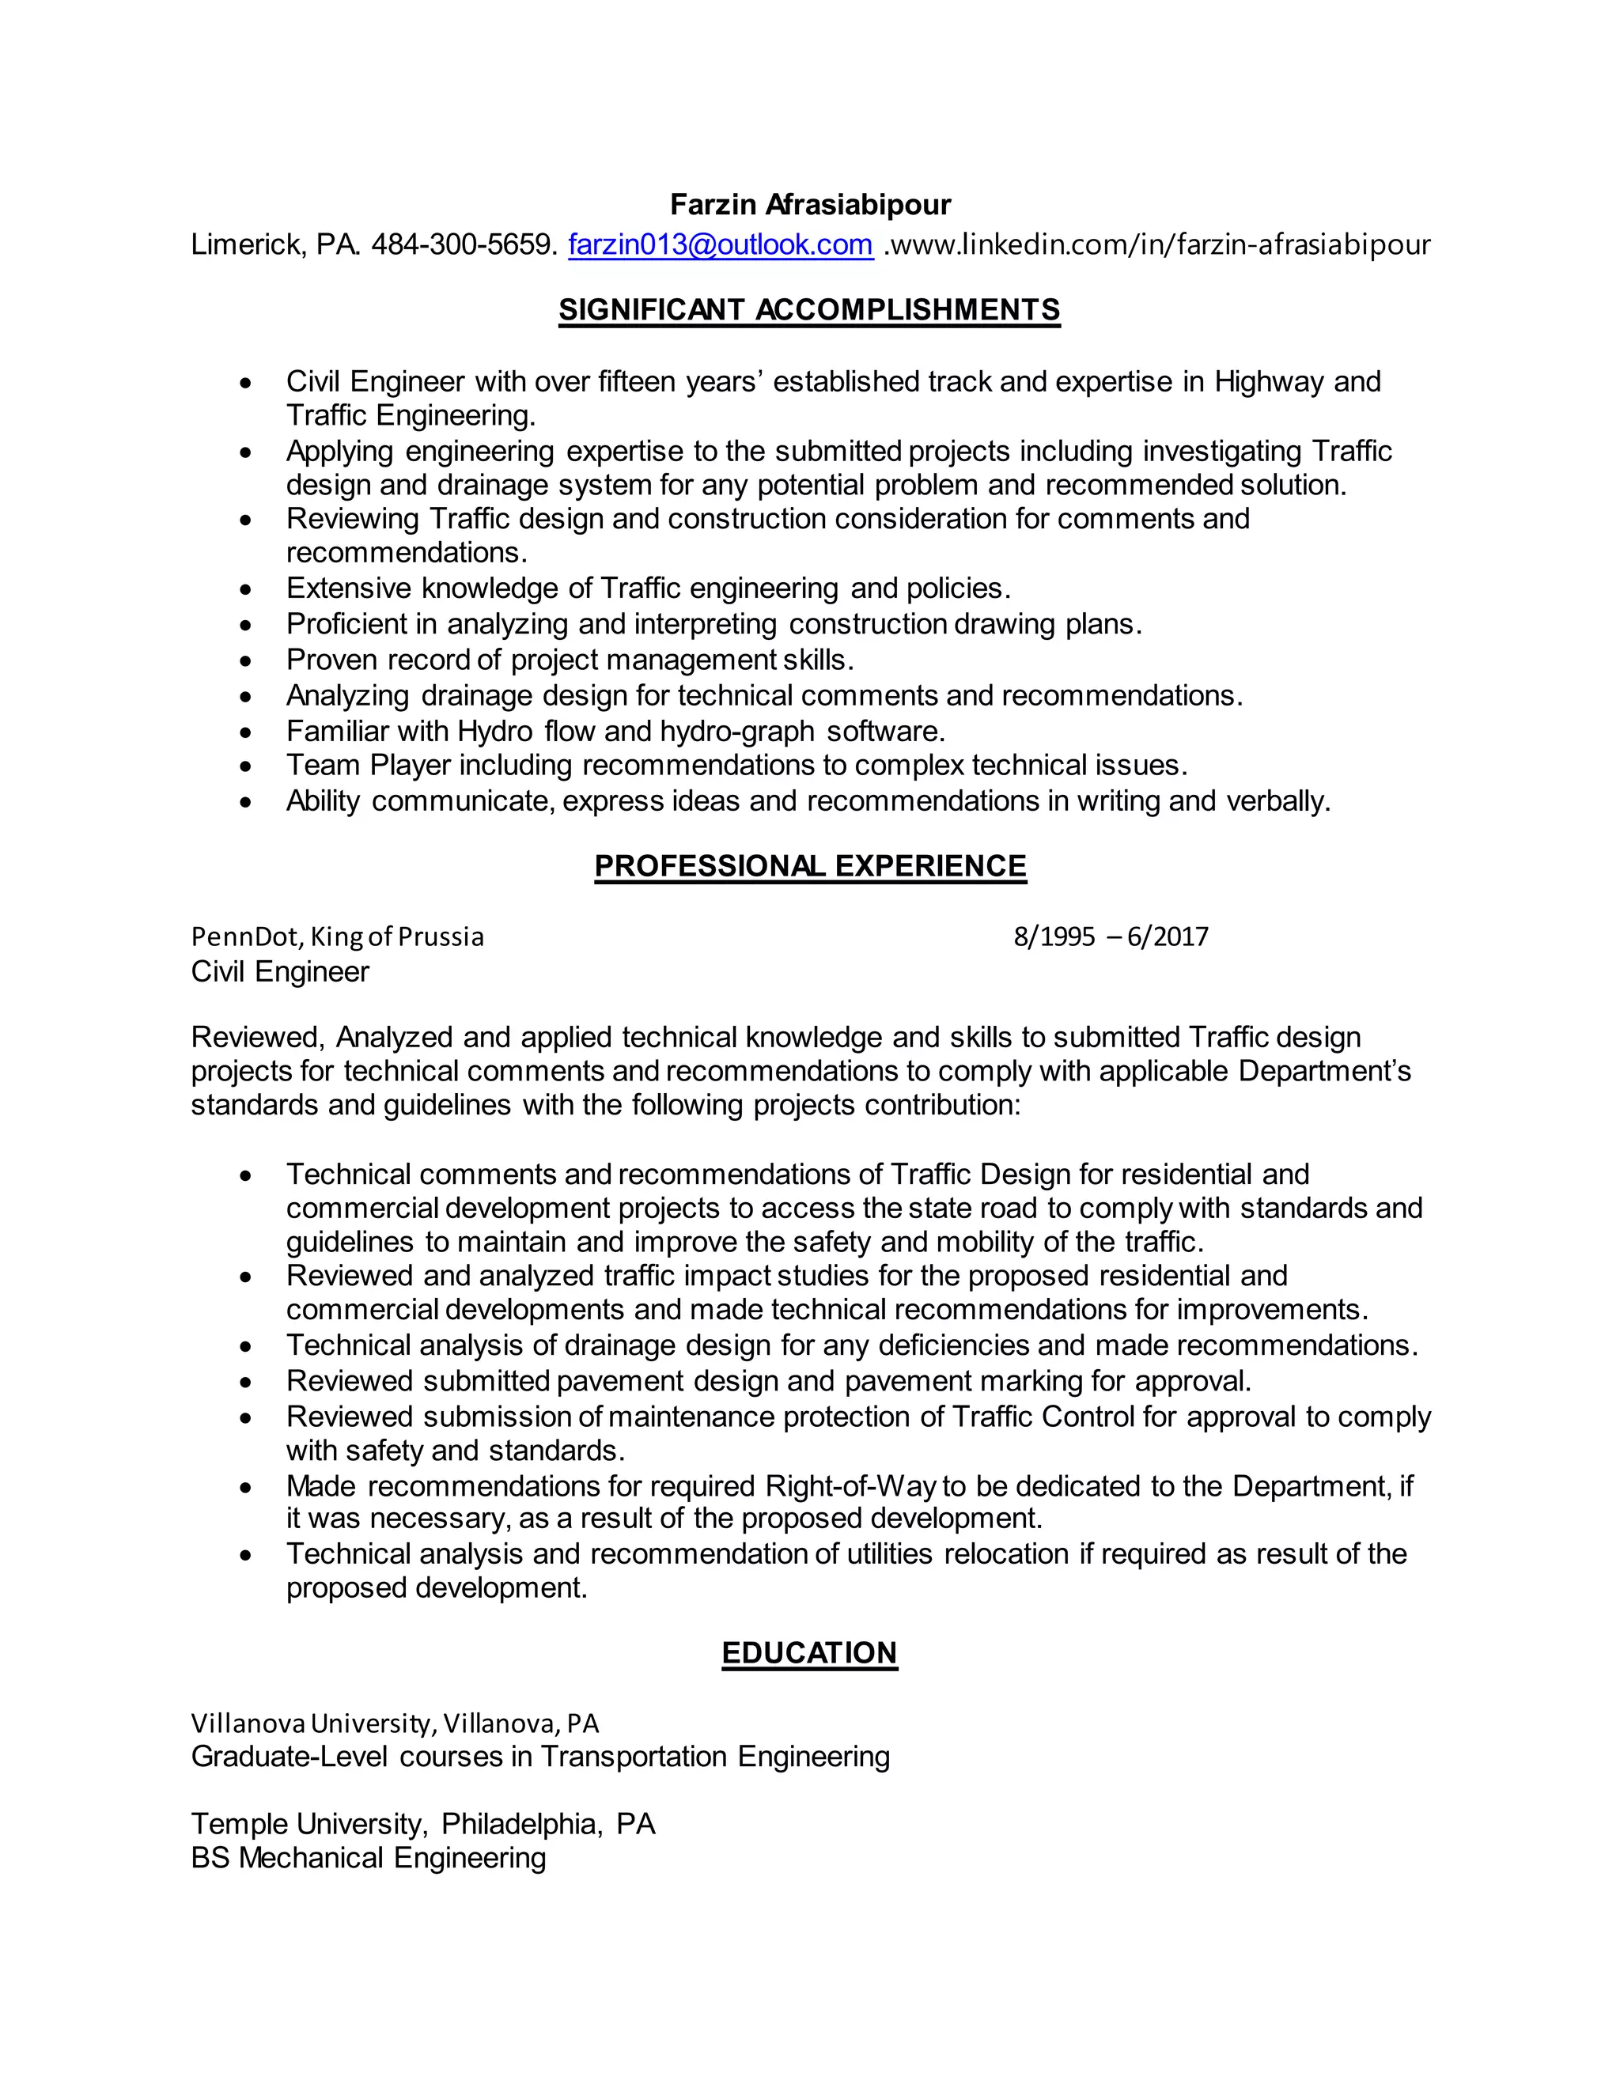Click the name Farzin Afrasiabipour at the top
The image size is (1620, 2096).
(810, 204)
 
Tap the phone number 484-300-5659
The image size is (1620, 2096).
(463, 244)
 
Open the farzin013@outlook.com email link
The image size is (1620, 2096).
(720, 244)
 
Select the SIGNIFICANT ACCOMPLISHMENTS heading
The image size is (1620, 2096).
(809, 309)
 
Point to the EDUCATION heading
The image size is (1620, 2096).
(809, 1652)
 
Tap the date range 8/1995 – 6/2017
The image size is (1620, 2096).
(1111, 936)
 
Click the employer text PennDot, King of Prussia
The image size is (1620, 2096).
(337, 936)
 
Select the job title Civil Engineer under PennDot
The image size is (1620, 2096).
(280, 972)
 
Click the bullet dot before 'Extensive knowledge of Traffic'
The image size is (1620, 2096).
(247, 590)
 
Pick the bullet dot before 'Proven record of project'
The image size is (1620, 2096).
(247, 662)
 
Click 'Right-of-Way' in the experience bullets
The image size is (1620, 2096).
(850, 1487)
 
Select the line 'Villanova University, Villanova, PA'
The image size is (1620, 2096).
(395, 1723)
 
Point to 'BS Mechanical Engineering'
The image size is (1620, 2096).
(369, 1858)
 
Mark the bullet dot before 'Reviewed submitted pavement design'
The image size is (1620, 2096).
(247, 1383)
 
